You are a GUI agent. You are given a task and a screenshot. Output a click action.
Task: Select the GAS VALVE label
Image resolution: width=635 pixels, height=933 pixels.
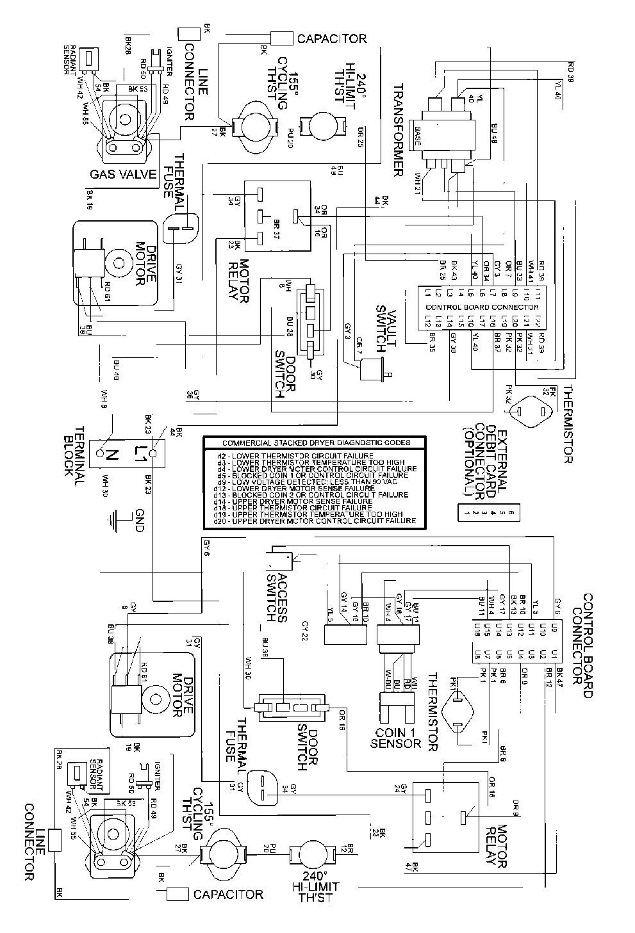pyautogui.click(x=124, y=175)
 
